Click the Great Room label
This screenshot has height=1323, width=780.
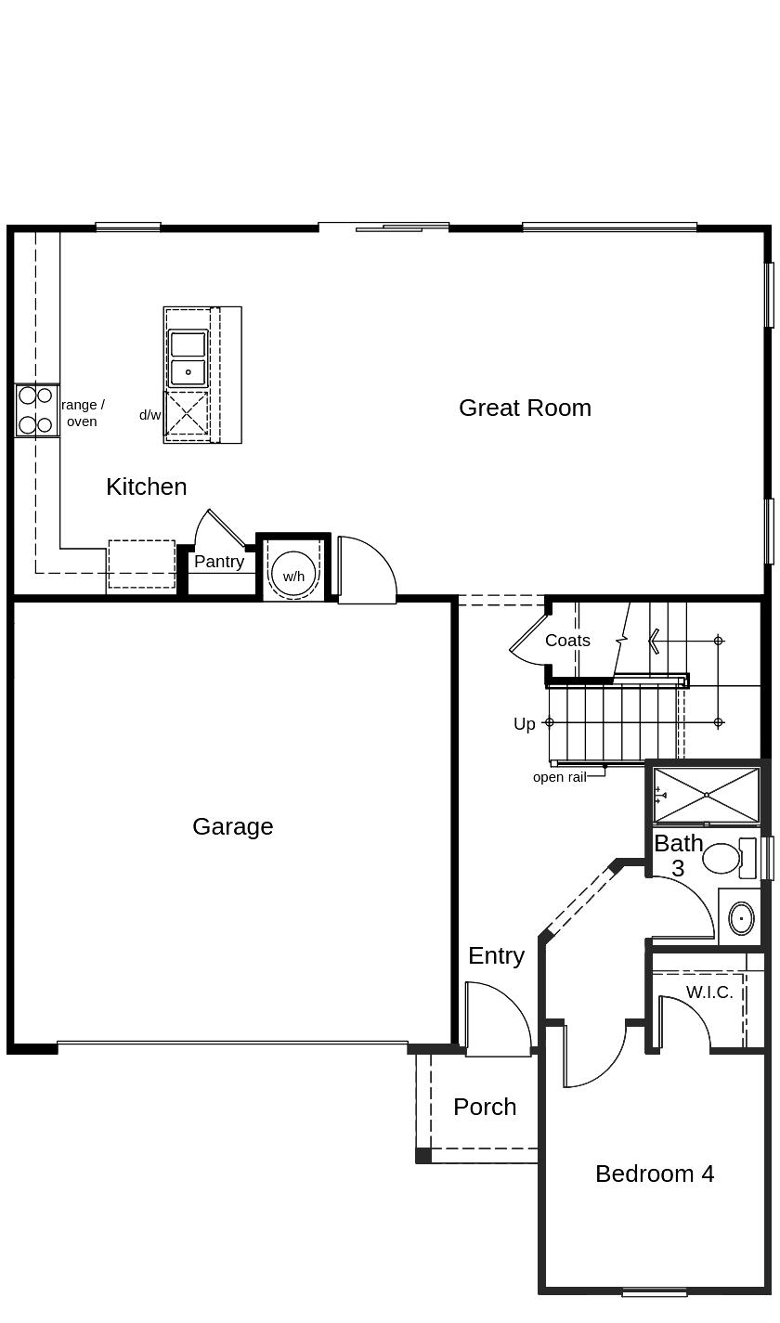pos(525,408)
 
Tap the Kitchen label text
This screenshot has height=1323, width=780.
pos(146,486)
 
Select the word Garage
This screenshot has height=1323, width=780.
pos(232,826)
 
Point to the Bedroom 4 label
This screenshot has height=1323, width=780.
pos(655,1174)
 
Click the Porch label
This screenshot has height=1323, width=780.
pos(485,1107)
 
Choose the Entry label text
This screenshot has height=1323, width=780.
pos(496,955)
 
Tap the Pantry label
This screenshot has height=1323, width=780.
pos(219,562)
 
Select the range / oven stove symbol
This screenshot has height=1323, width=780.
pos(36,410)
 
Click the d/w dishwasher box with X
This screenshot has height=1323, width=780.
pos(187,413)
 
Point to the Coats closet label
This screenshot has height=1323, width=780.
pos(567,641)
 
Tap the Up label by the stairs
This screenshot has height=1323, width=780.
pos(525,724)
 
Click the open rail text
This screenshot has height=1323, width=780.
pos(559,777)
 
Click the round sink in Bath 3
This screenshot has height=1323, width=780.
pos(741,918)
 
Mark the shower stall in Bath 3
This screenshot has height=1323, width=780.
pos(707,795)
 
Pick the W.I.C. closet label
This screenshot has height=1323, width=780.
pos(709,992)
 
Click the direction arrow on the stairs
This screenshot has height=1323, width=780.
pos(655,641)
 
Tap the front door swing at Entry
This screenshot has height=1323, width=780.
pos(497,1021)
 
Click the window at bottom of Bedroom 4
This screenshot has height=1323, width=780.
pos(654,1291)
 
